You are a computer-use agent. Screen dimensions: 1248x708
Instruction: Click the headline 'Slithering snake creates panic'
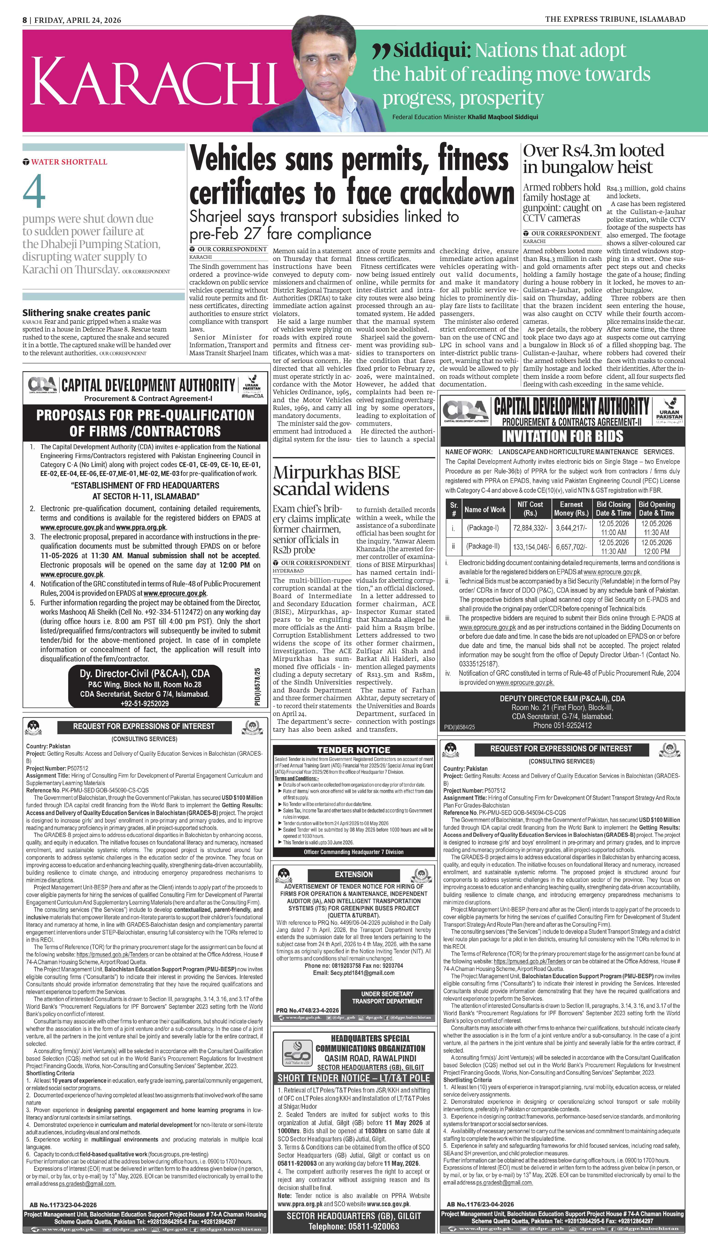click(86, 313)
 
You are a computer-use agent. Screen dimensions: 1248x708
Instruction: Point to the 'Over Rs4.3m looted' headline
click(593, 151)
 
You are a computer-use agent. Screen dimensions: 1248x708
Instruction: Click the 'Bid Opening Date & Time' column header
click(656, 509)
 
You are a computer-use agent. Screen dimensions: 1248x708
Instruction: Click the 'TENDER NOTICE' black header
click(353, 749)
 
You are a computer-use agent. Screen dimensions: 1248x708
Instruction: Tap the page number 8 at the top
click(24, 20)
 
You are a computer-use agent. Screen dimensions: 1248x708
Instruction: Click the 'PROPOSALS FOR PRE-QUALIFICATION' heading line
click(145, 415)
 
